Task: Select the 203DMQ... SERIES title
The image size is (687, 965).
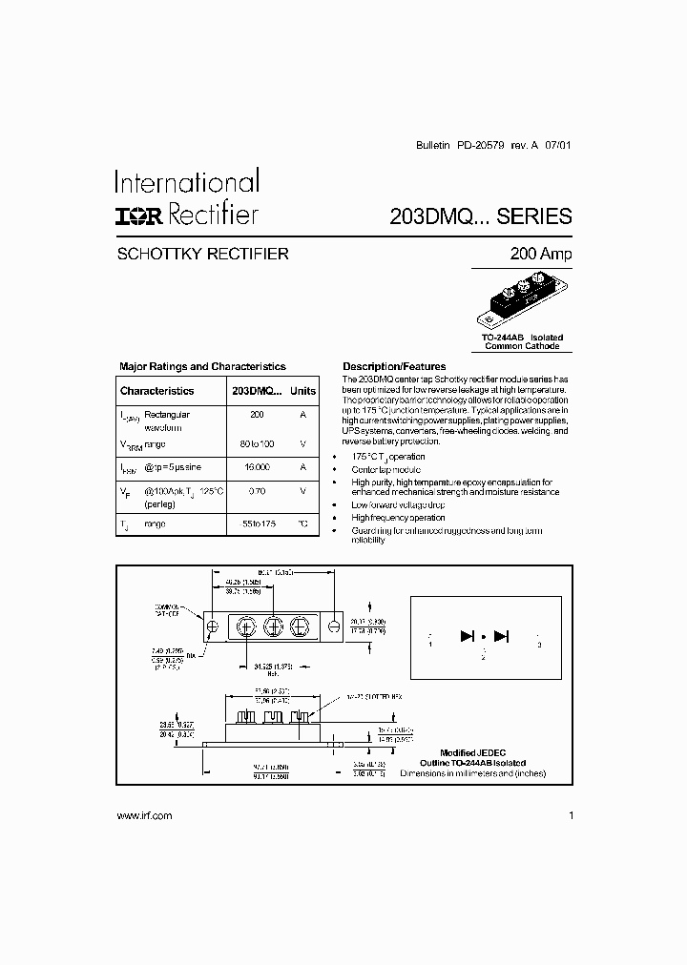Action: pyautogui.click(x=481, y=216)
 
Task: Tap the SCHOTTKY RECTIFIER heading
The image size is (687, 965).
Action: pyautogui.click(x=202, y=255)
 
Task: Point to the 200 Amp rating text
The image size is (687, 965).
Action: pyautogui.click(x=542, y=255)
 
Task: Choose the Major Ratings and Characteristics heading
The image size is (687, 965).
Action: pyautogui.click(x=202, y=366)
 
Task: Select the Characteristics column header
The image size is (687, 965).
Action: pyautogui.click(x=156, y=391)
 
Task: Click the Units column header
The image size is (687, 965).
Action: pyautogui.click(x=302, y=391)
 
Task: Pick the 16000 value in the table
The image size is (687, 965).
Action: pyautogui.click(x=257, y=467)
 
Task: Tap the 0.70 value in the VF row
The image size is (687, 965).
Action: pyautogui.click(x=257, y=491)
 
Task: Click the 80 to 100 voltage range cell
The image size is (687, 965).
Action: pyautogui.click(x=257, y=444)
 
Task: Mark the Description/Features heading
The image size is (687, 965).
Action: pyautogui.click(x=394, y=366)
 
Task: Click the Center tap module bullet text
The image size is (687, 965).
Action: pyautogui.click(x=385, y=470)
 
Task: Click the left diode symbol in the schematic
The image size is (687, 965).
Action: pyautogui.click(x=468, y=636)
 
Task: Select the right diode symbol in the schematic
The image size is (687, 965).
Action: pyautogui.click(x=501, y=636)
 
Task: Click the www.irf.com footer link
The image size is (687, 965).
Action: pyautogui.click(x=144, y=815)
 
